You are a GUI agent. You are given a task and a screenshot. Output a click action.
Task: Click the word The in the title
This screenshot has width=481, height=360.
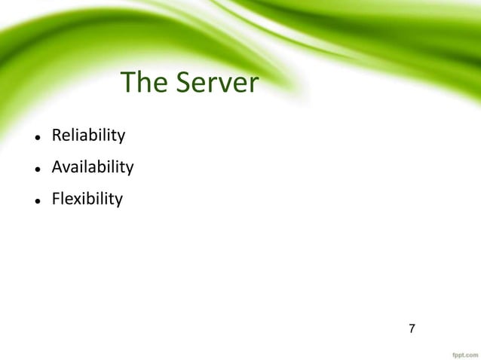[x=144, y=83]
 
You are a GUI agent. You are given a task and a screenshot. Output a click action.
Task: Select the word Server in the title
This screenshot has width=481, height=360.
[x=217, y=83]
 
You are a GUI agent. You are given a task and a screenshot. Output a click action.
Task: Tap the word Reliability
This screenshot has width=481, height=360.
[x=87, y=136]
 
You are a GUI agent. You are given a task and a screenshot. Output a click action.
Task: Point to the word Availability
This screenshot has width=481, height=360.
[x=92, y=167]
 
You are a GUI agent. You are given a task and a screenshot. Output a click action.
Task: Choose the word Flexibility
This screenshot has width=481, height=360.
[x=86, y=200]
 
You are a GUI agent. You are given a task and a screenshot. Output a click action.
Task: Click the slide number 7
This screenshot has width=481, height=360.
[x=412, y=328]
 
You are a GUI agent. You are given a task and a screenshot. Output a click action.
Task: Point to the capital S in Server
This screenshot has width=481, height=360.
[x=185, y=83]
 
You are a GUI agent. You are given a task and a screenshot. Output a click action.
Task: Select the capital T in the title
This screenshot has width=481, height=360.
[x=128, y=83]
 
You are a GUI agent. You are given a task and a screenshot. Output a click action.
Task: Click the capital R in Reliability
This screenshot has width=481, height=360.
[x=56, y=136]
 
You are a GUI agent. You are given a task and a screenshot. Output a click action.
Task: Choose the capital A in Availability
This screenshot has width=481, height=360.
[x=57, y=167]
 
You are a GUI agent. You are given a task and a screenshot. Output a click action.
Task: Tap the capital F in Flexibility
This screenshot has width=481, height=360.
[x=55, y=200]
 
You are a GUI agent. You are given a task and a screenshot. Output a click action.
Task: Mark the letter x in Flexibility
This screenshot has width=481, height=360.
[x=76, y=200]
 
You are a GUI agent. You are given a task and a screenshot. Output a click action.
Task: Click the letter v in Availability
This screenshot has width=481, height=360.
[x=66, y=168]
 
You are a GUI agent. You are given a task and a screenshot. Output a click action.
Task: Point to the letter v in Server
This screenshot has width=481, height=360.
[x=226, y=85]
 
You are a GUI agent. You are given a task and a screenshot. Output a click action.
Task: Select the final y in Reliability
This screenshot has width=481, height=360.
[x=121, y=139]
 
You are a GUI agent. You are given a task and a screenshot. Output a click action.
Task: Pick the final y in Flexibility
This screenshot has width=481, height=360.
[x=118, y=202]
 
